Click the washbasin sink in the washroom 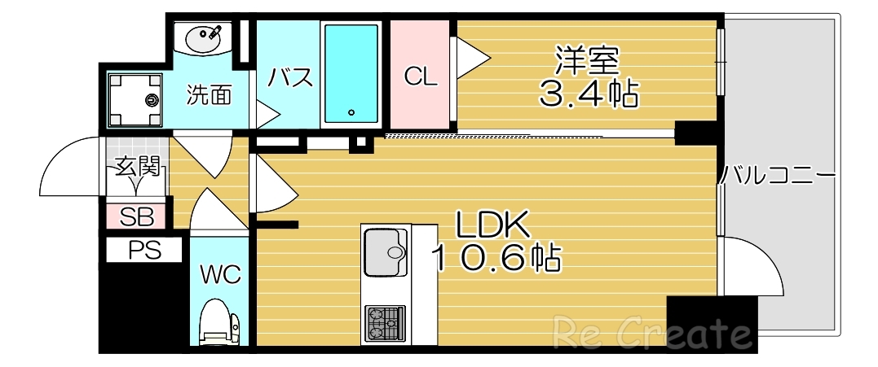pyautogui.click(x=202, y=37)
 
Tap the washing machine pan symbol pyautogui.click(x=135, y=100)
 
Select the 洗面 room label pyautogui.click(x=209, y=95)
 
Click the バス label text pyautogui.click(x=291, y=79)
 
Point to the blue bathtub pyautogui.click(x=351, y=72)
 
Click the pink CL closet pyautogui.click(x=421, y=76)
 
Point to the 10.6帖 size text pyautogui.click(x=495, y=258)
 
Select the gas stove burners pyautogui.click(x=385, y=321)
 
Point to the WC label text pyautogui.click(x=221, y=275)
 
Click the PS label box pyautogui.click(x=144, y=251)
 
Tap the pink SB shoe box pyautogui.click(x=136, y=216)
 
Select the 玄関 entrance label pyautogui.click(x=136, y=168)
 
